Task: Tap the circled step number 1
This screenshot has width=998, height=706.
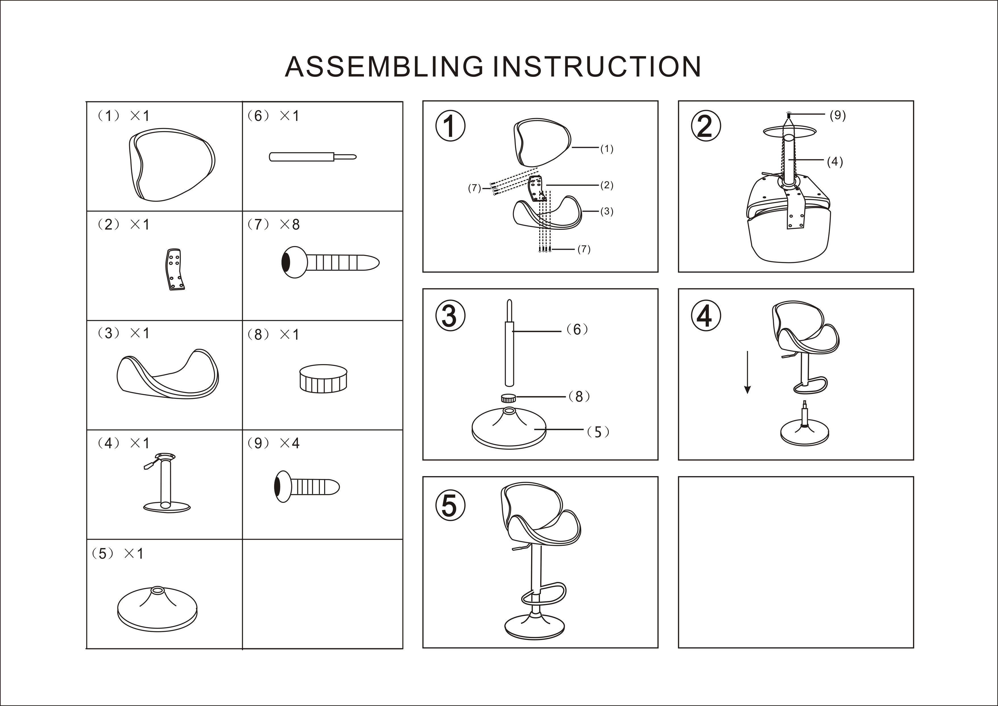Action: click(x=450, y=126)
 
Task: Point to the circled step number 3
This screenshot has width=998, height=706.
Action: click(x=450, y=316)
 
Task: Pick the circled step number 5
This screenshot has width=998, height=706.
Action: click(x=450, y=505)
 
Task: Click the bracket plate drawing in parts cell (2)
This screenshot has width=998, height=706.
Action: click(x=175, y=270)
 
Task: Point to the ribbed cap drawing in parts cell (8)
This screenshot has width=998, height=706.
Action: click(x=323, y=379)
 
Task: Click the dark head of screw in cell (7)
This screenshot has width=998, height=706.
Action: click(x=286, y=262)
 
